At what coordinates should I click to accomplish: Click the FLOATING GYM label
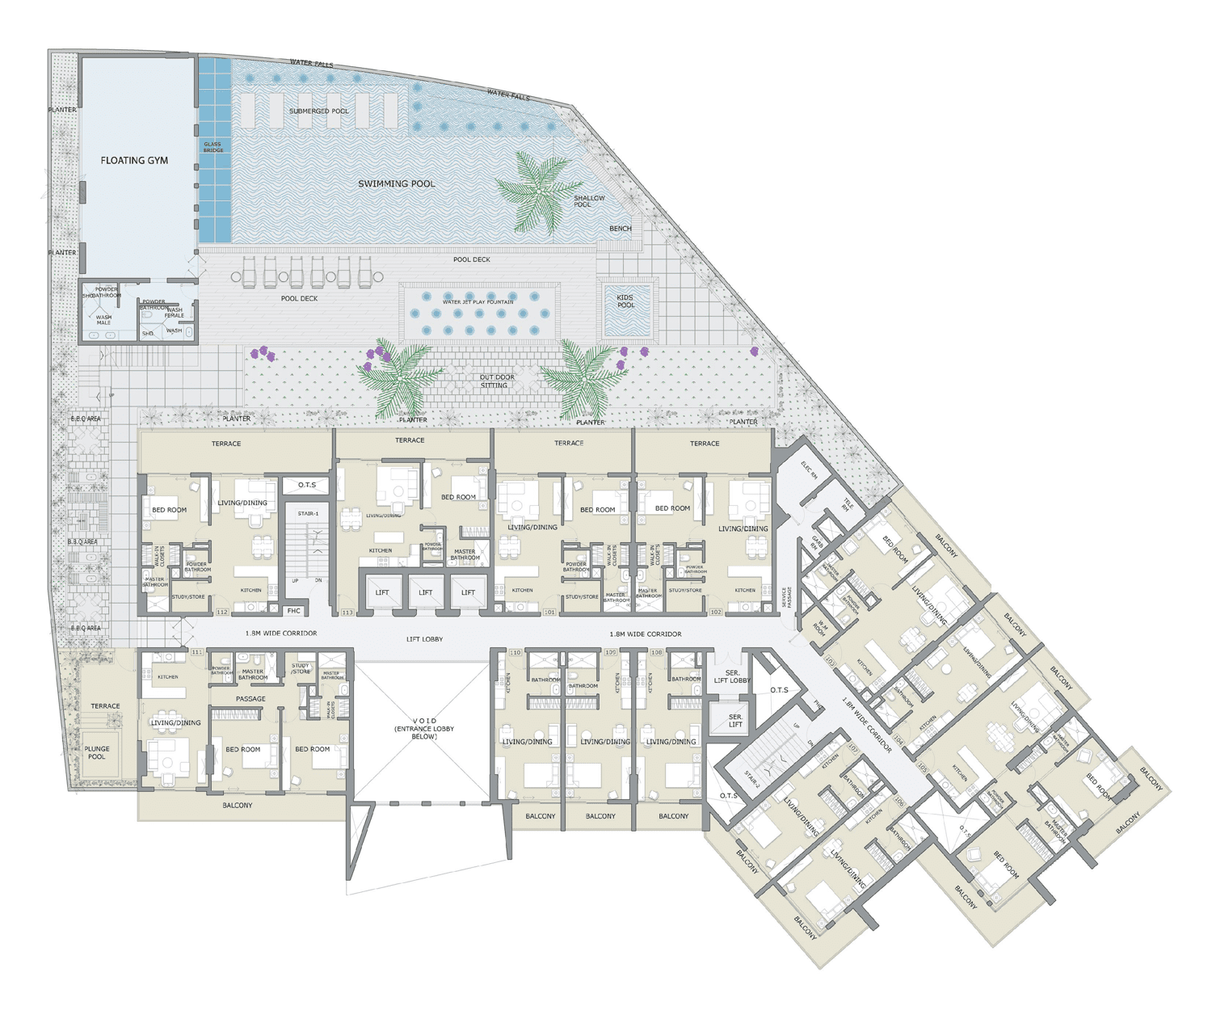tap(134, 161)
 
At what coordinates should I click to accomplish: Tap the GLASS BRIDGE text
tap(213, 147)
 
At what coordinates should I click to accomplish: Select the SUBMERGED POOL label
tap(319, 111)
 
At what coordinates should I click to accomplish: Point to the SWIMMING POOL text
tap(396, 184)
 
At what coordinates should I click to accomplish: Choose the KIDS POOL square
tap(626, 309)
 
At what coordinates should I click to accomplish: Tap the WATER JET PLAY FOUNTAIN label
tap(478, 302)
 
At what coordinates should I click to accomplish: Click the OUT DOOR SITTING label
tap(495, 381)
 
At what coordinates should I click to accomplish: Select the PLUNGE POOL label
tap(97, 753)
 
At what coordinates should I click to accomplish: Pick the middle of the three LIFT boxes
tap(425, 593)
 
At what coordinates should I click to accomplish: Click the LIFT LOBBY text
tap(424, 639)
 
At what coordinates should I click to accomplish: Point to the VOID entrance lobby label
tap(424, 728)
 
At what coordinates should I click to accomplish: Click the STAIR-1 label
tap(308, 514)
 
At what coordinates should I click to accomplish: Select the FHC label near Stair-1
tap(294, 611)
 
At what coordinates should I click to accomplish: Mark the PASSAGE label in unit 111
tap(250, 699)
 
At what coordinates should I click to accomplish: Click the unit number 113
tap(347, 613)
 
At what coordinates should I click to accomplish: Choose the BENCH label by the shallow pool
tap(621, 229)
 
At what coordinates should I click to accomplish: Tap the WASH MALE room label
tap(104, 320)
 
